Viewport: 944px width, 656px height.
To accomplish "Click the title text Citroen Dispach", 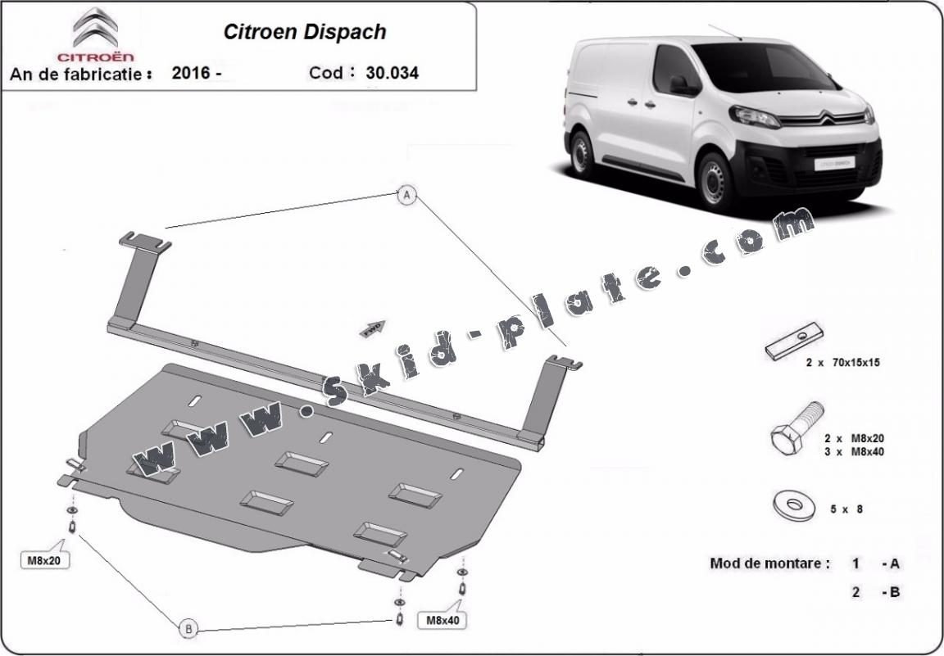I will (x=305, y=32).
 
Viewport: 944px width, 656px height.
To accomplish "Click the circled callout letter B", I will (x=188, y=628).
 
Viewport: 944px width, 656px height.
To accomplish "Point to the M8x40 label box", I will (x=442, y=620).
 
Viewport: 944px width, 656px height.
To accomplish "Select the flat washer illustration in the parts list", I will (x=791, y=503).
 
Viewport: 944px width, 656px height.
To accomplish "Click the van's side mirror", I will (x=679, y=84).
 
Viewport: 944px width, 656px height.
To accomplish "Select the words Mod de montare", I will (x=769, y=563).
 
